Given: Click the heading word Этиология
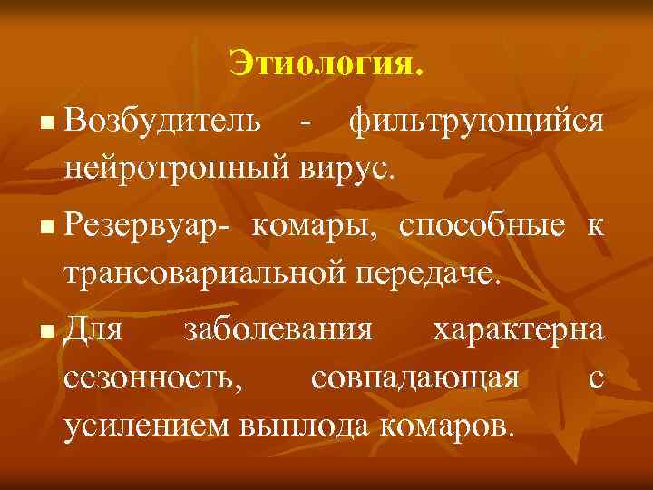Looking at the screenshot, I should (326, 64).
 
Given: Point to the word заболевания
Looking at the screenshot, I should (278, 328).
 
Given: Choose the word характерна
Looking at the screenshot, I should (517, 328).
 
